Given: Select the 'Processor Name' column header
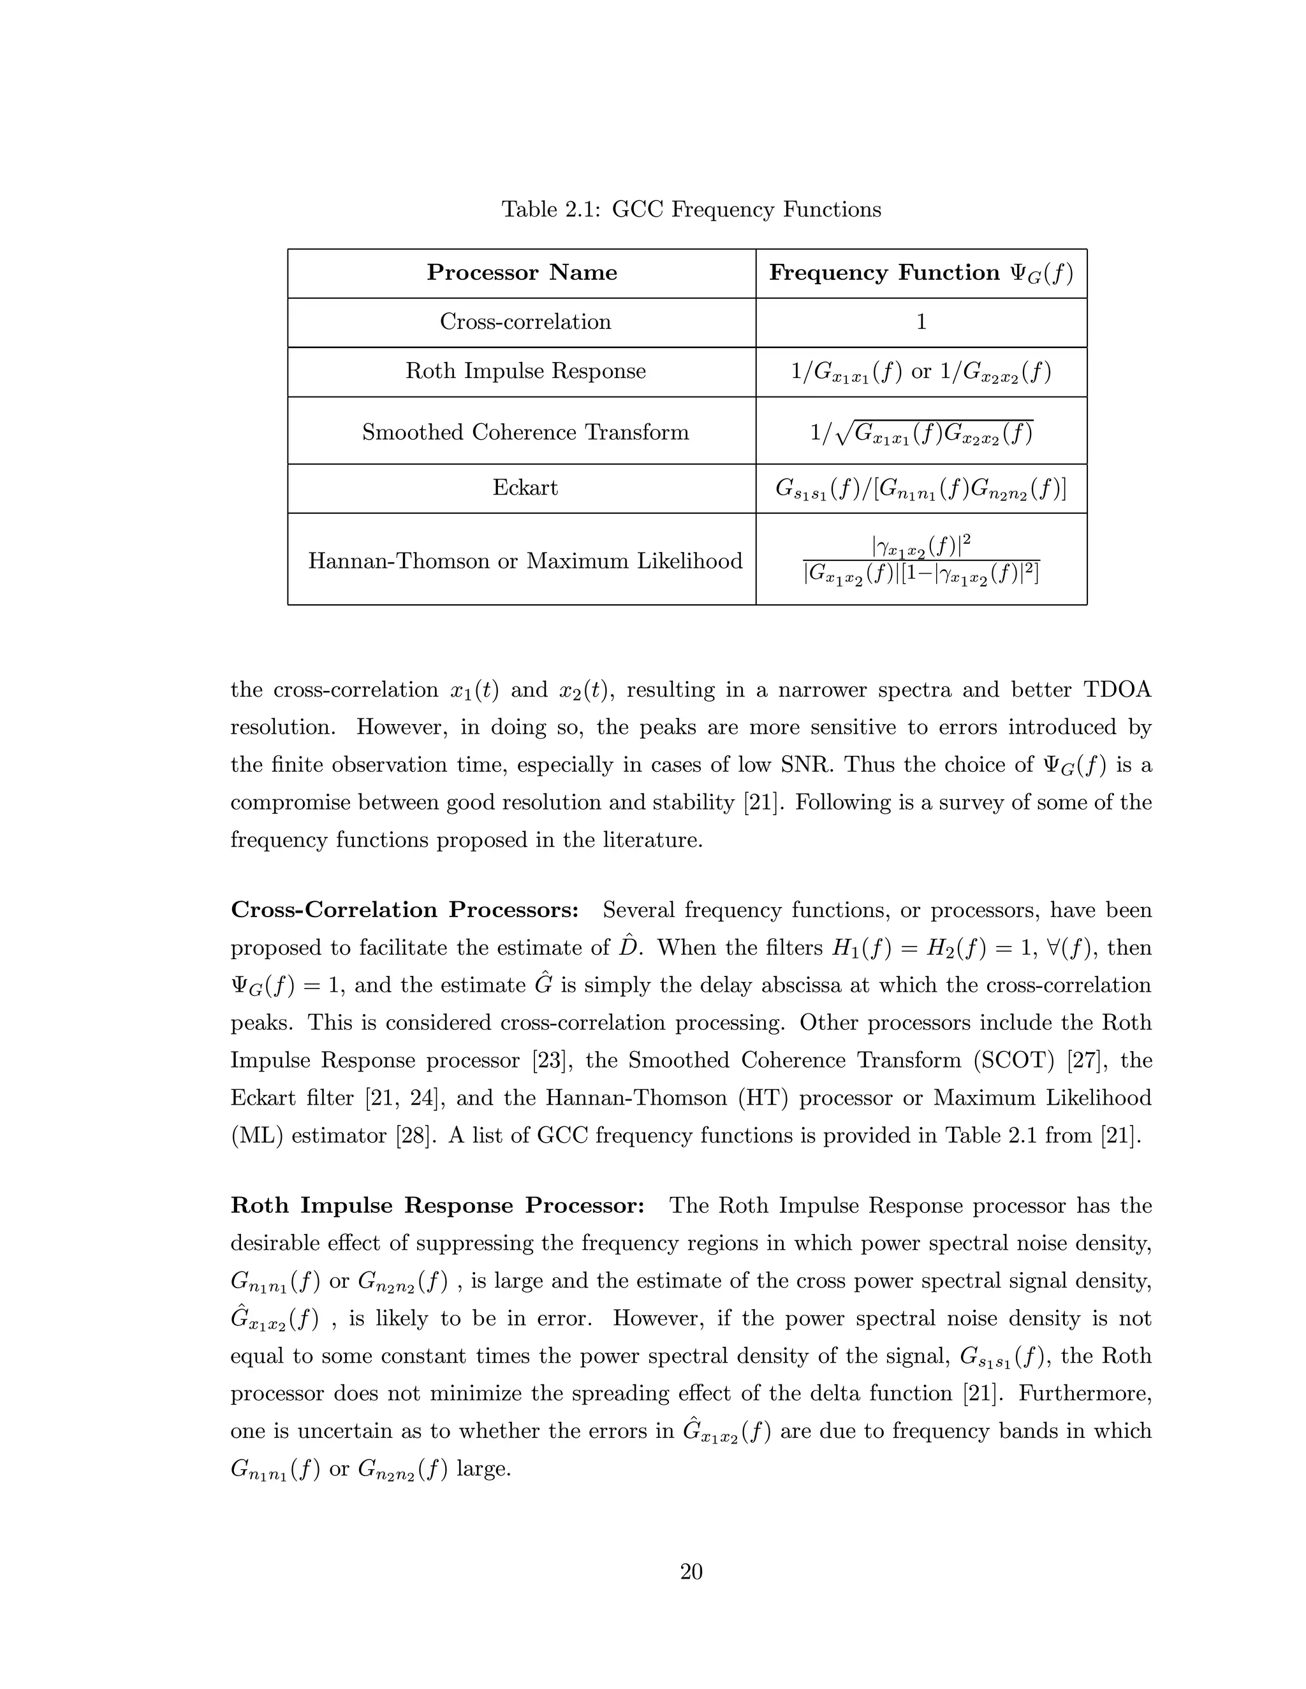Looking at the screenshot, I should [522, 273].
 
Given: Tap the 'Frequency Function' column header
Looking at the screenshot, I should [921, 273].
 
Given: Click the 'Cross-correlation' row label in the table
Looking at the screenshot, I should [525, 322].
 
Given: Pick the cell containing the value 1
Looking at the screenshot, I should [921, 322].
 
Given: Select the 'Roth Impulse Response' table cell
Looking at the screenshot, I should [525, 371].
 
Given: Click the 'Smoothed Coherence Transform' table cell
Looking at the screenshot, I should [525, 431].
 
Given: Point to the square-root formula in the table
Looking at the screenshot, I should [921, 432].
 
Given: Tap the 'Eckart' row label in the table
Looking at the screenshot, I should [525, 488].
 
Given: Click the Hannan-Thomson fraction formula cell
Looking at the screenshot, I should [921, 561].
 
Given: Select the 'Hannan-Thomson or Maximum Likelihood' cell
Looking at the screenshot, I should [525, 561].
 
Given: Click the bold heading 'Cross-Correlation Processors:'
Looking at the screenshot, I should [405, 910].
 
